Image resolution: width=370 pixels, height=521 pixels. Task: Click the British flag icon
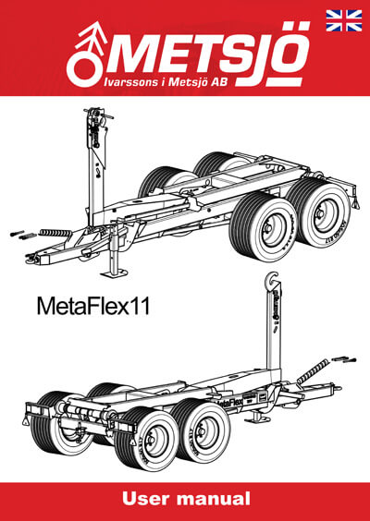[x=344, y=20]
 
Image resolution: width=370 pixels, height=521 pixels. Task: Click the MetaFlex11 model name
[x=93, y=306]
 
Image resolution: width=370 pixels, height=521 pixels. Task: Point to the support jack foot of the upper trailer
[x=115, y=274]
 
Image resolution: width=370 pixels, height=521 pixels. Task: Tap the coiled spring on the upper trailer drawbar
[x=55, y=233]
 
